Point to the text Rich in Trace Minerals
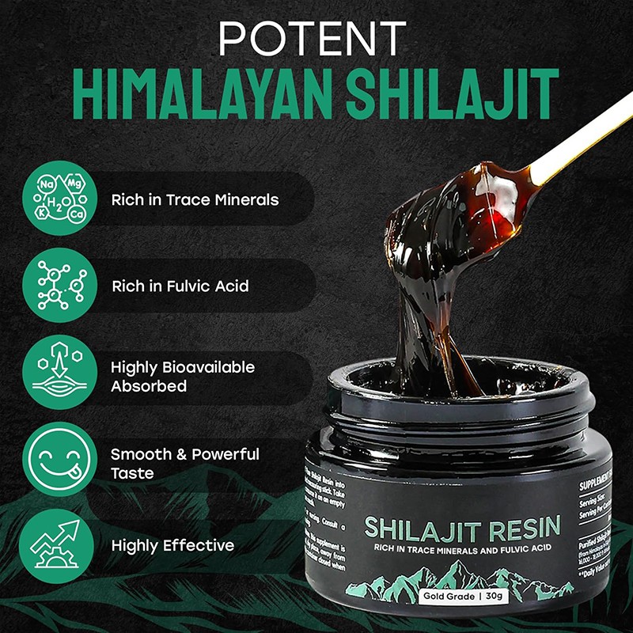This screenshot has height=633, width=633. (195, 199)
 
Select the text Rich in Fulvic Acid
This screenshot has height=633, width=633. (180, 286)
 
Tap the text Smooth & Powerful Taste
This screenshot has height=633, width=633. (185, 464)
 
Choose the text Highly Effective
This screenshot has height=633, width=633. (172, 545)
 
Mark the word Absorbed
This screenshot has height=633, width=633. (149, 387)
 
